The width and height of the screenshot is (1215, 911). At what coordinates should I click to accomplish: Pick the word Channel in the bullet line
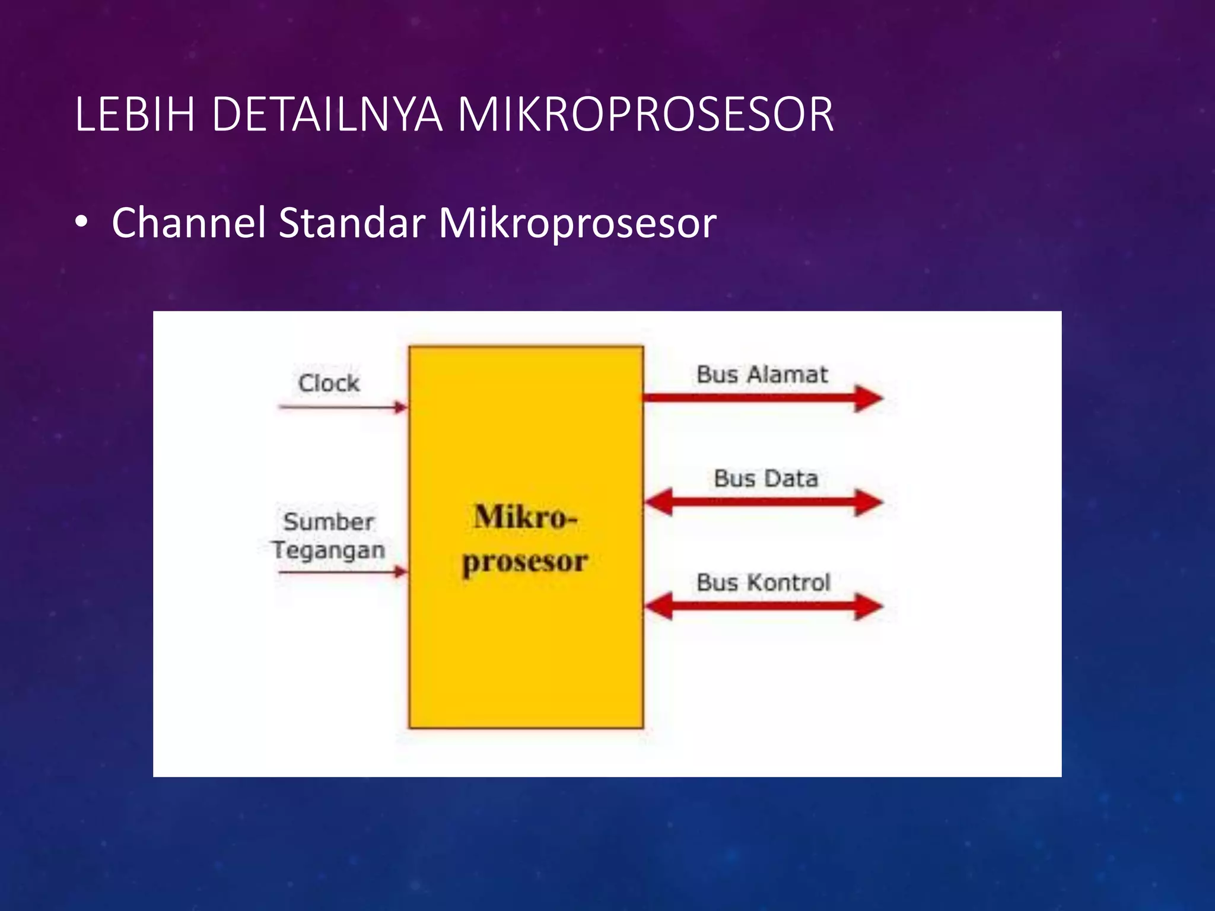188,223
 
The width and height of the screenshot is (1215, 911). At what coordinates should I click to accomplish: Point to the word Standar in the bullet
351,223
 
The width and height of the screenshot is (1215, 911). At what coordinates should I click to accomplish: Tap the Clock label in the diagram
329,383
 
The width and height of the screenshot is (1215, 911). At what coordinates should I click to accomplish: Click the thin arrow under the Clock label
343,407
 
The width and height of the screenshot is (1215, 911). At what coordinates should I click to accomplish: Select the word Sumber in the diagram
329,522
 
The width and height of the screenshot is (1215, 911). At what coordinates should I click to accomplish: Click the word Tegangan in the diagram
329,550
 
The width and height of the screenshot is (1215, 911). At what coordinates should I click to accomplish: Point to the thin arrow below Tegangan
343,572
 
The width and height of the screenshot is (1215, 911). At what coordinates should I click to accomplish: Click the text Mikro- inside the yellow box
525,517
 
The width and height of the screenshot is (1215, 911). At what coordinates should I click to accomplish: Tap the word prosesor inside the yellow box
525,561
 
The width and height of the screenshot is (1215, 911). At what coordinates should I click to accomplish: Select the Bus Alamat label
762,375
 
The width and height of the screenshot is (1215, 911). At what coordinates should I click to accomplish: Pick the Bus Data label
765,479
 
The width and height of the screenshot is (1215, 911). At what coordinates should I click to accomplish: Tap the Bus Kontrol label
763,582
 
